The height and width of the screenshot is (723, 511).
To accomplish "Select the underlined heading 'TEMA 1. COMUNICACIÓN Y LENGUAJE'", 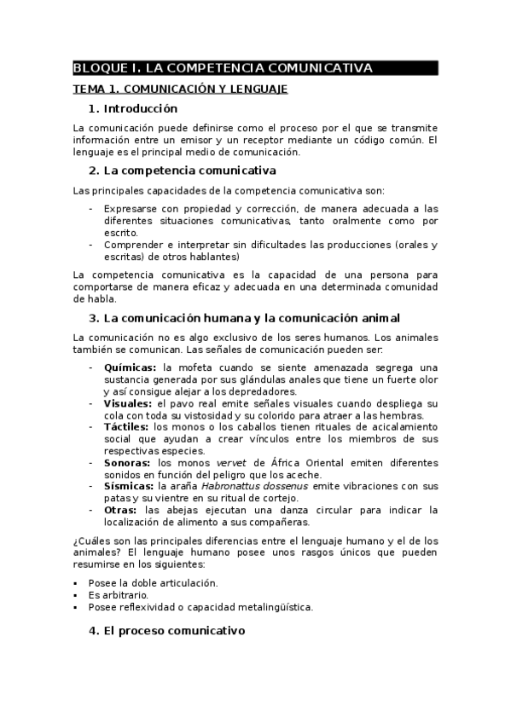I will tap(179, 89).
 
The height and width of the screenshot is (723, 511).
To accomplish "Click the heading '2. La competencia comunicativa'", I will tap(182, 171).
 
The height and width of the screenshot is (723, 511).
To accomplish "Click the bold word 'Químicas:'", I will tap(131, 367).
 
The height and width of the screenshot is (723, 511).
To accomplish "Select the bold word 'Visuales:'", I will tap(128, 402).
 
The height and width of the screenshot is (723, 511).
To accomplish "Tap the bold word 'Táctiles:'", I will tap(126, 426).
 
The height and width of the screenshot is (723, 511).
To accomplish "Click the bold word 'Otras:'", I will tap(121, 509).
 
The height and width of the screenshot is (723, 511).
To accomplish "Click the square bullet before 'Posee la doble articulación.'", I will tap(78, 583).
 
